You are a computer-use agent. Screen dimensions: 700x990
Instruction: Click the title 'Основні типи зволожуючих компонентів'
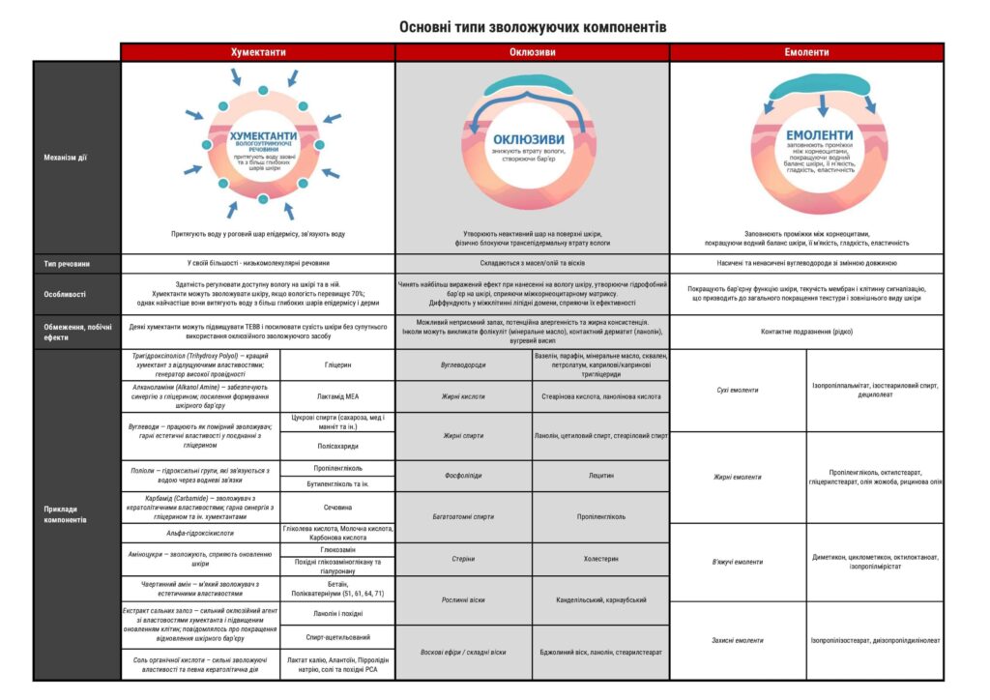533,26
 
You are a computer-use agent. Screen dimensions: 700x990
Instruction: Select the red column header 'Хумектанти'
257,52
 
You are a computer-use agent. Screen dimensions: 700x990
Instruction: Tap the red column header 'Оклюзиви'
532,52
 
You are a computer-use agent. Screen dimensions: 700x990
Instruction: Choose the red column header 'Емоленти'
806,52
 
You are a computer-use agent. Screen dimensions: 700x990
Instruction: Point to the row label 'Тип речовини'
67,263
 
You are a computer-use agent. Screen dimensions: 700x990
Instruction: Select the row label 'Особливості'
65,293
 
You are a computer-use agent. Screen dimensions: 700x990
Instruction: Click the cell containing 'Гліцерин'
337,365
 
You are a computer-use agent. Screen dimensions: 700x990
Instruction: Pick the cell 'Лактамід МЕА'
337,396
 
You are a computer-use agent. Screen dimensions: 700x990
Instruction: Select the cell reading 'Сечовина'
337,507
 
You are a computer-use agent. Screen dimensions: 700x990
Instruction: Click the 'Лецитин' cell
600,476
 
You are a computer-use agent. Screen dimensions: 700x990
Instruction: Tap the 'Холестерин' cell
600,559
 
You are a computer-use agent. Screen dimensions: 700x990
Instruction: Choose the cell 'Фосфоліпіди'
463,476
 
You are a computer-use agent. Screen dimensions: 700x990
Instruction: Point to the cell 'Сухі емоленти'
738,390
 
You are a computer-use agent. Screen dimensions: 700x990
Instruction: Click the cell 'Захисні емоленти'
738,640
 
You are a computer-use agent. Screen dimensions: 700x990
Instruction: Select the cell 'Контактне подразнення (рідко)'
806,331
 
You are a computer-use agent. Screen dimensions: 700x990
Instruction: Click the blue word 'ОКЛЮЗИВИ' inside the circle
529,138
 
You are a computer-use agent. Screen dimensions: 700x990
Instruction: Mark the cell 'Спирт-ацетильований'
337,639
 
